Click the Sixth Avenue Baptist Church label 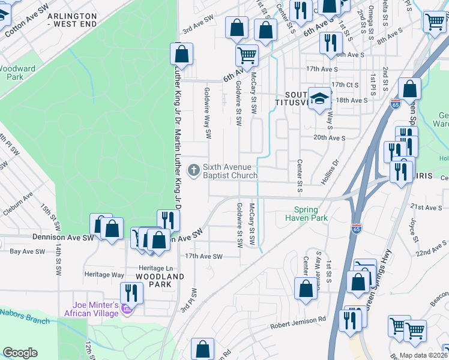click(229, 171)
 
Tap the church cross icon click(193, 170)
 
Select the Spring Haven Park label click(310, 214)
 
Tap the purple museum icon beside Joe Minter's click(126, 310)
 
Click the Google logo click(20, 352)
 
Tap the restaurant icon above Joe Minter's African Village click(129, 293)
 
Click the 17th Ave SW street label click(203, 256)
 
